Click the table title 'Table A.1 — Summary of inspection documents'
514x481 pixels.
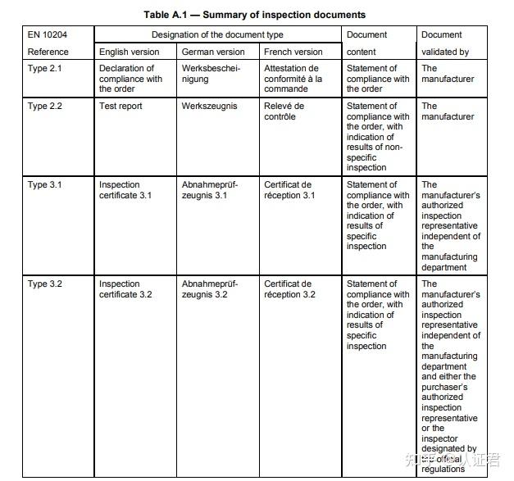point(243,15)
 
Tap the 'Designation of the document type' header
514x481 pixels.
point(217,35)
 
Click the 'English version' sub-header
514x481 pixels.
point(130,52)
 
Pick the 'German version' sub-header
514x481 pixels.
point(213,52)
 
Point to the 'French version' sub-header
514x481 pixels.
point(293,52)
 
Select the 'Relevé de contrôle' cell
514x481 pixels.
point(284,111)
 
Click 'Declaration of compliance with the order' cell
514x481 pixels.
point(130,79)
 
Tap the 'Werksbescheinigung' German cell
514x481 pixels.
point(211,74)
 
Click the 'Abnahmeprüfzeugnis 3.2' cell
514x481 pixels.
point(210,289)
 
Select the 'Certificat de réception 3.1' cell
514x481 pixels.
point(289,190)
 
